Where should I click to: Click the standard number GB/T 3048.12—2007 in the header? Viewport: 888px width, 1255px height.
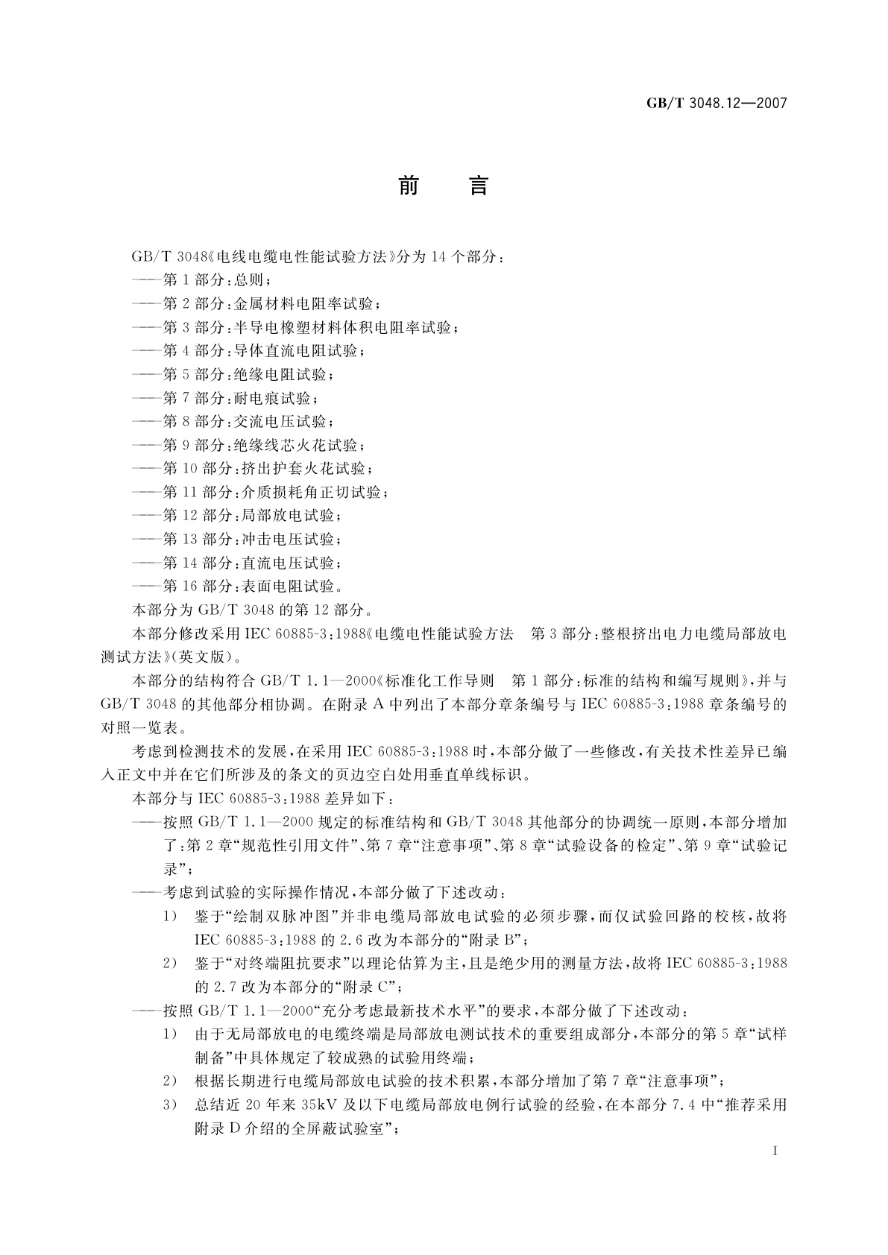coord(716,104)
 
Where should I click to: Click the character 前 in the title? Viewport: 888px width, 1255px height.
coord(409,186)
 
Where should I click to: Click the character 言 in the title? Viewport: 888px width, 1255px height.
coord(478,186)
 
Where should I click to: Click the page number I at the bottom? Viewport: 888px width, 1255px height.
coord(776,1151)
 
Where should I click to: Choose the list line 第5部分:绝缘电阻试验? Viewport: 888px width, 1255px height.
coord(242,374)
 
